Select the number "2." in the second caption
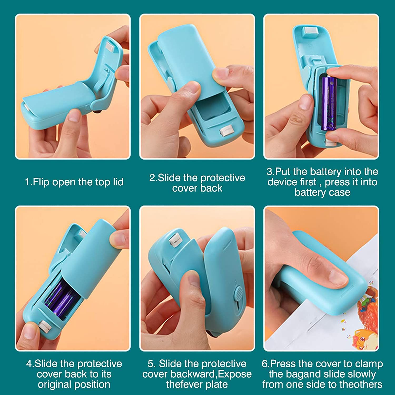(x=153, y=178)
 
